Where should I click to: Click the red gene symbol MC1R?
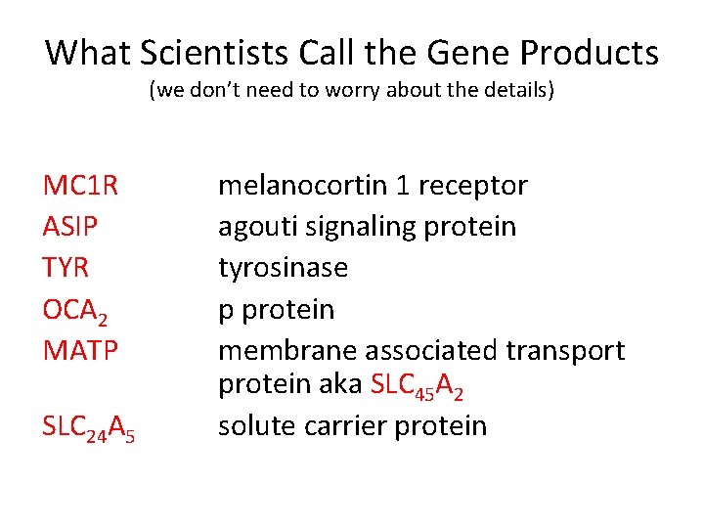(80, 186)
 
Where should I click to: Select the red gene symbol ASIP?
(71, 227)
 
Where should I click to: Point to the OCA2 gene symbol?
(74, 310)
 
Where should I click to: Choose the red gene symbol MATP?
(81, 350)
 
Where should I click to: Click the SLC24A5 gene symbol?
(89, 427)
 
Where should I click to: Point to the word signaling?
(359, 227)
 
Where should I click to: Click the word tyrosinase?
(283, 268)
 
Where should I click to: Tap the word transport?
(567, 350)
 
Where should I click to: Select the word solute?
(252, 426)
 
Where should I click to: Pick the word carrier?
(336, 426)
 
